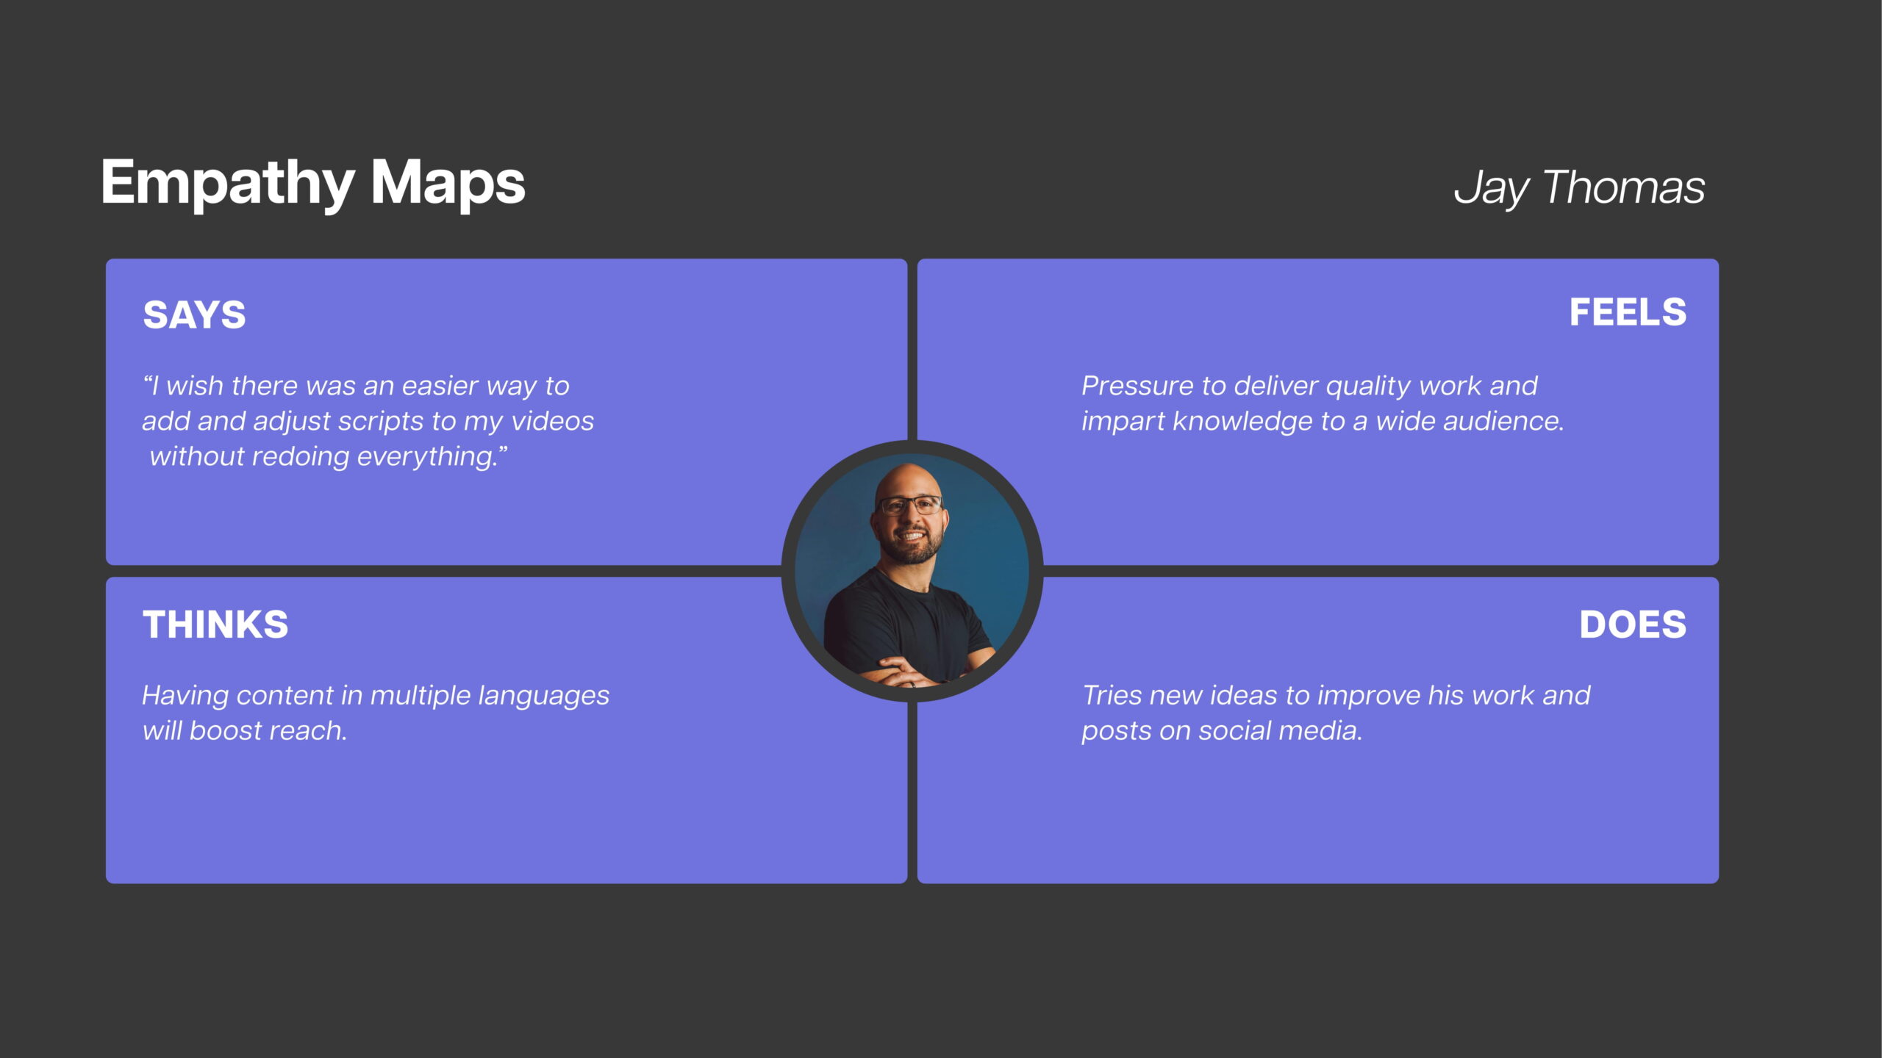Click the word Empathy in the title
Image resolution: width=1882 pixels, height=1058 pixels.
tap(228, 184)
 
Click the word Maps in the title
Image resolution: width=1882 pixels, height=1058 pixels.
tap(448, 184)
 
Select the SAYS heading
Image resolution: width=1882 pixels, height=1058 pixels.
tap(194, 314)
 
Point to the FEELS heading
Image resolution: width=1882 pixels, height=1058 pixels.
tap(1628, 312)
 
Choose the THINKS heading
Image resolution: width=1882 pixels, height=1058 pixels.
tap(215, 625)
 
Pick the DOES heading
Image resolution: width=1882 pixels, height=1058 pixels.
tap(1633, 625)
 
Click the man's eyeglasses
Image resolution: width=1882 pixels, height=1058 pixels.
tap(910, 505)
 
